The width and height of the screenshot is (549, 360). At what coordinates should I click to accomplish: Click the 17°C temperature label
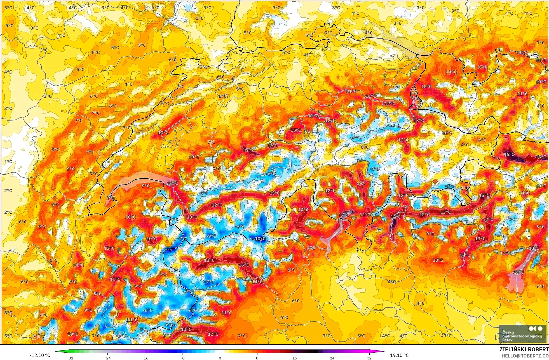pos(344,215)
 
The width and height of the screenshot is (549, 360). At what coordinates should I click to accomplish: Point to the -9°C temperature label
pos(212,236)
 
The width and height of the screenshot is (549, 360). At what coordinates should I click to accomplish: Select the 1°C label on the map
pos(8,162)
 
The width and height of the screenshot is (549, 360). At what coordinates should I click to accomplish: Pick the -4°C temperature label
pos(356,138)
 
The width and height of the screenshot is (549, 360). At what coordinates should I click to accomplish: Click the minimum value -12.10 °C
pos(40,355)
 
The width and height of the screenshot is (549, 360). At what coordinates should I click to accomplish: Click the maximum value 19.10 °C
pos(399,355)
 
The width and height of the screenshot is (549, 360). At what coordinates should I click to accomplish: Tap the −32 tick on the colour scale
pos(70,358)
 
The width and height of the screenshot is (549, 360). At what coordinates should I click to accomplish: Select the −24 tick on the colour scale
pos(107,358)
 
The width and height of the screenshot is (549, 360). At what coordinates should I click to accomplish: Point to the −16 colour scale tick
pos(145,358)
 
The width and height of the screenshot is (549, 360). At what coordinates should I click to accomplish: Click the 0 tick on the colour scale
pos(220,358)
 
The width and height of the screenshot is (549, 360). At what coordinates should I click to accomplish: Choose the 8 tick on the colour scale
pos(257,358)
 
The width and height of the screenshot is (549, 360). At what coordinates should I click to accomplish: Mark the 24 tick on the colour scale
pos(332,358)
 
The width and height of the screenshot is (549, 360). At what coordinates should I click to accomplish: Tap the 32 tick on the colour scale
pos(369,358)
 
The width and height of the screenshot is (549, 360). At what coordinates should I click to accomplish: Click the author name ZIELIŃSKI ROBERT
pos(524,349)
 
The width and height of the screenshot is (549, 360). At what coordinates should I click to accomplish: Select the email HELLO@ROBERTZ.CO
pos(525,356)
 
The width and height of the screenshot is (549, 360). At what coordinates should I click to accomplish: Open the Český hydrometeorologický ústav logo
pos(522,333)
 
